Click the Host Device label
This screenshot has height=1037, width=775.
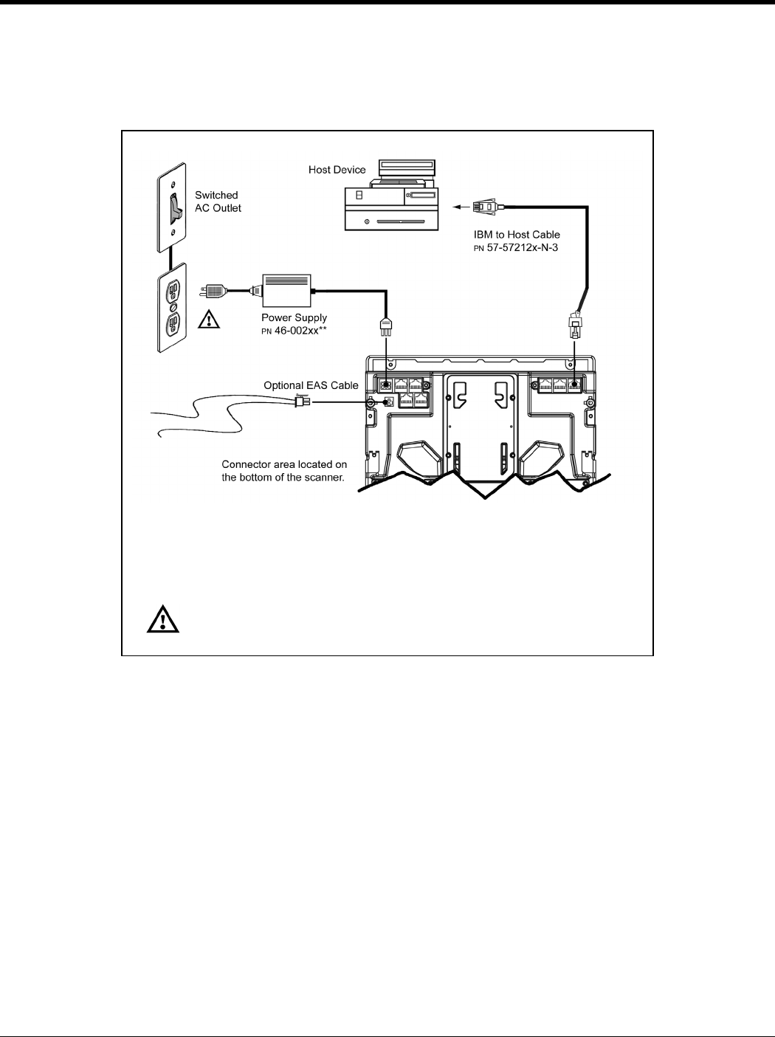337,170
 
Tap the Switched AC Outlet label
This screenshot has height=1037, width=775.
217,201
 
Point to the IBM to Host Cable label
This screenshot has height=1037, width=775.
517,235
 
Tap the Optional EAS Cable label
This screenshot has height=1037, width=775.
311,385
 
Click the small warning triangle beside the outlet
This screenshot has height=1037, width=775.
210,320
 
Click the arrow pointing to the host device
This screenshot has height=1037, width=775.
461,207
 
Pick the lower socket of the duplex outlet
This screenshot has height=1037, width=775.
172,323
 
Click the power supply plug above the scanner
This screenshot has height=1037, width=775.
385,326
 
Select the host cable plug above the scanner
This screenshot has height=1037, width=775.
575,325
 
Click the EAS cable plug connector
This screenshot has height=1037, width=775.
301,402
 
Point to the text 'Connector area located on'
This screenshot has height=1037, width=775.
284,464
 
